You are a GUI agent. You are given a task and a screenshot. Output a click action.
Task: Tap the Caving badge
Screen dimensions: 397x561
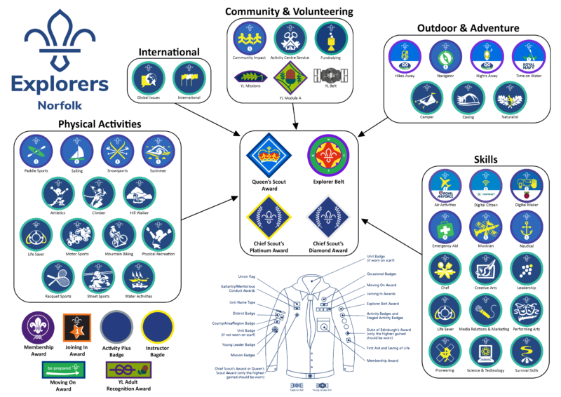466,99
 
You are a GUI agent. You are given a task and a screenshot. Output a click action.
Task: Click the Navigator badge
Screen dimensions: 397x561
443,55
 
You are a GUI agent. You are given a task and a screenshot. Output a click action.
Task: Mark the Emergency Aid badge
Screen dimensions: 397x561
444,227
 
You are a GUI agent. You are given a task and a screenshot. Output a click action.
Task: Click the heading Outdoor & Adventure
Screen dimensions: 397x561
468,28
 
